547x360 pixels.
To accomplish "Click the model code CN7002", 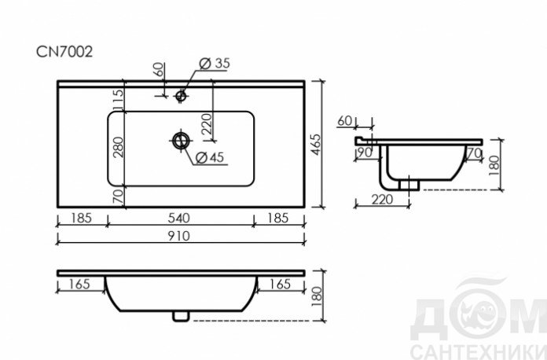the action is point(64,52).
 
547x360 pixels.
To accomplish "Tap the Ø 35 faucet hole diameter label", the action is point(215,63).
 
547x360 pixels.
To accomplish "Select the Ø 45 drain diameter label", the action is point(210,157).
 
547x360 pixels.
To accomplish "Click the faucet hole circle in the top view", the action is point(181,95).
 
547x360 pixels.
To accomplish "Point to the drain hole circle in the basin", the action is point(181,141).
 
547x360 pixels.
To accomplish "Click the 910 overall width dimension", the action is point(179,236).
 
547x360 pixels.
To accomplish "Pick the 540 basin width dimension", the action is point(179,218).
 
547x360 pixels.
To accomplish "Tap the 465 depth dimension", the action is point(316,144).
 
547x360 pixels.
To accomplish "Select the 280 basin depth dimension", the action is point(118,148).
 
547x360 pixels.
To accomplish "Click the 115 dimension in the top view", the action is point(118,99).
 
